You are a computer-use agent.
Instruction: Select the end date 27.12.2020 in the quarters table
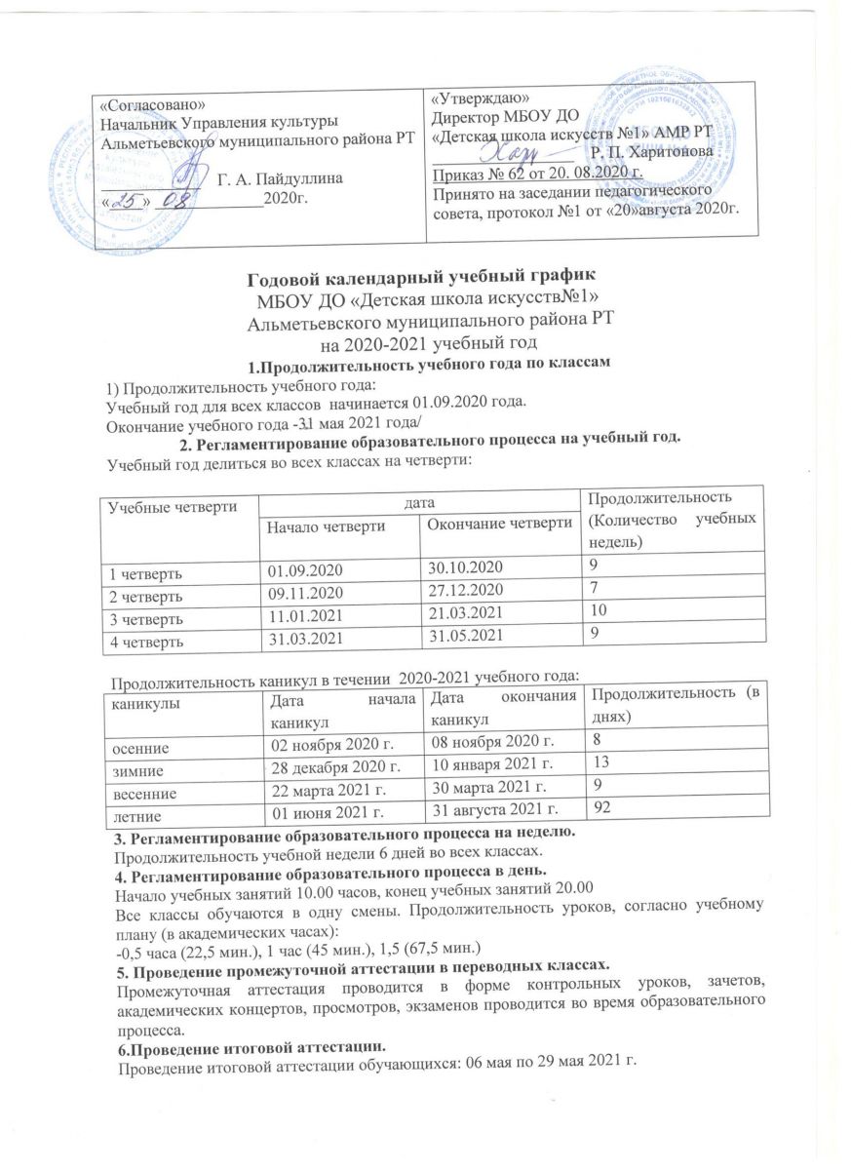pyautogui.click(x=463, y=588)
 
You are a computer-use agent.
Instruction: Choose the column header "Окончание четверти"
pyautogui.click(x=497, y=525)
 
